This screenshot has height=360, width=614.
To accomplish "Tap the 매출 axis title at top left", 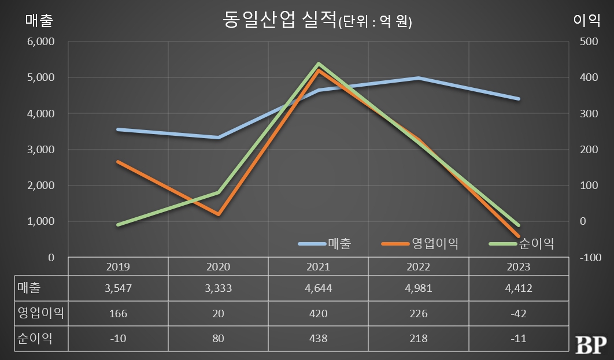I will [39, 21].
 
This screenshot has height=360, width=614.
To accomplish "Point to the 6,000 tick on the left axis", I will [40, 42].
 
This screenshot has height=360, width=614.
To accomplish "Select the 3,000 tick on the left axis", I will [40, 150].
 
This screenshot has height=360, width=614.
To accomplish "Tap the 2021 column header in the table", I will [318, 267].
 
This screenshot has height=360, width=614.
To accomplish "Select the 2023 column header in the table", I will [518, 267].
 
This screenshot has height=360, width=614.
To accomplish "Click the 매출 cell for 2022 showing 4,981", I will [418, 288].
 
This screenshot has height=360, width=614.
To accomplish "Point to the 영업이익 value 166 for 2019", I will [118, 314].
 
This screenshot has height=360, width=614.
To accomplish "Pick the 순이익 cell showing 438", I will [318, 339].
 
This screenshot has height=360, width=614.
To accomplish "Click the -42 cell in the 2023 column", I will [518, 314].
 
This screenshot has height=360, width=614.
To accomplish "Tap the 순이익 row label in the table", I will [35, 339].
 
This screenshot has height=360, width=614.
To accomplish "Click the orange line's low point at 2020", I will [219, 214].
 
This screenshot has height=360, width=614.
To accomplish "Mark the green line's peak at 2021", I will [319, 64].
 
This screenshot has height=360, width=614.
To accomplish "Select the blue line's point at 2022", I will [418, 78].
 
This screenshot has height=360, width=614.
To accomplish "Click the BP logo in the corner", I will [590, 344].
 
